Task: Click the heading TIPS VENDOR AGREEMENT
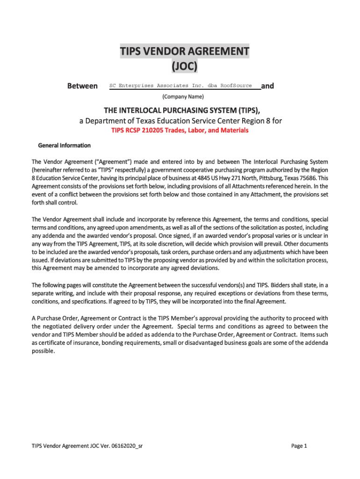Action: pyautogui.click(x=184, y=51)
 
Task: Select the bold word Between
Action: pyautogui.click(x=83, y=86)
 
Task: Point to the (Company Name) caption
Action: pyautogui.click(x=183, y=97)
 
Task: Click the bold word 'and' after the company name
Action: pyautogui.click(x=267, y=86)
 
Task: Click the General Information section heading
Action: pyautogui.click(x=61, y=145)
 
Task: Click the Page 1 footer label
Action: pyautogui.click(x=299, y=446)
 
